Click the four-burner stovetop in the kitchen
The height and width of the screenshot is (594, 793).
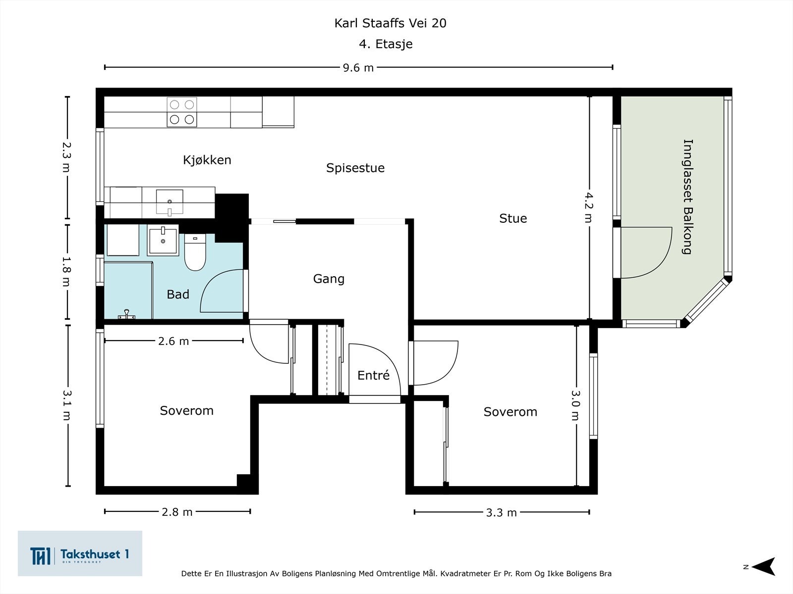(182, 112)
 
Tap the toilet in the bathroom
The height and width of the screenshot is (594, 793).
(195, 252)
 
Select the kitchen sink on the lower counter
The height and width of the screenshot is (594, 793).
(170, 202)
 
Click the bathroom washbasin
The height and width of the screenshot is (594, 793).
(163, 240)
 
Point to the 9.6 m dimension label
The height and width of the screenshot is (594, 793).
(358, 68)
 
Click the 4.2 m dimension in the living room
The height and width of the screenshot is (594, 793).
(589, 207)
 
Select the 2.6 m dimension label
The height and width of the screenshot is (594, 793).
(173, 341)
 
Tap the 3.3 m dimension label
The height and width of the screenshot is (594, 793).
(501, 512)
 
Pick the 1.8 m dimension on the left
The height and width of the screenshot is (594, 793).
(67, 272)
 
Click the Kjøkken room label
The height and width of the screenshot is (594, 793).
(207, 160)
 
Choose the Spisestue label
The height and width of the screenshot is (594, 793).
(355, 168)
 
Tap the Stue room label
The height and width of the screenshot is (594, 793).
(513, 218)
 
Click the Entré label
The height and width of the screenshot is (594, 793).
(373, 375)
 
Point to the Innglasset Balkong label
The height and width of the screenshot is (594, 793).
(687, 197)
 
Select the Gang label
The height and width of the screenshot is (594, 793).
(329, 279)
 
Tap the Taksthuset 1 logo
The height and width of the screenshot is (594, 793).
(80, 553)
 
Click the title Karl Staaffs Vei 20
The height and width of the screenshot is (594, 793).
(390, 23)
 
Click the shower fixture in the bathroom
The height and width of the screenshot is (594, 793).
(126, 314)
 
